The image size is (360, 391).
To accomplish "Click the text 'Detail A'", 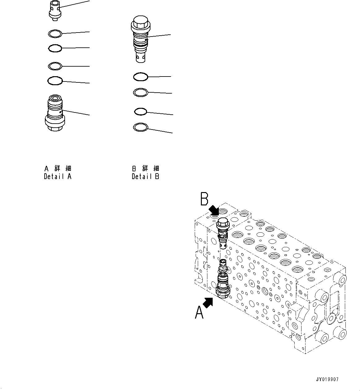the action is pyautogui.click(x=58, y=177).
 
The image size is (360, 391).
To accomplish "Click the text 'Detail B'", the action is pyautogui.click(x=145, y=177).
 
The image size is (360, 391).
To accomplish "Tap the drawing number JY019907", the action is pyautogui.click(x=327, y=380).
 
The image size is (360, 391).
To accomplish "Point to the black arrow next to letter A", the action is pyautogui.click(x=208, y=302).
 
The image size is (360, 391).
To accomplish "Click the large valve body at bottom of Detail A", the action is pyautogui.click(x=55, y=114).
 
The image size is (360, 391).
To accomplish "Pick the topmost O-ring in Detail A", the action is pyautogui.click(x=55, y=33).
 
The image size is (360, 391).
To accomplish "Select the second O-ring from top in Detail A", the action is pyautogui.click(x=55, y=48).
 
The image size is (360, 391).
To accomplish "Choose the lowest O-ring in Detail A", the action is pyautogui.click(x=55, y=81).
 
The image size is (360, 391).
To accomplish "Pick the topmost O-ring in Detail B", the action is pyautogui.click(x=141, y=77).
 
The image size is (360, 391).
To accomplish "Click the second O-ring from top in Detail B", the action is pyautogui.click(x=141, y=92).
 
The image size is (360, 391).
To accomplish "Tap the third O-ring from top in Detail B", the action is pyautogui.click(x=140, y=111).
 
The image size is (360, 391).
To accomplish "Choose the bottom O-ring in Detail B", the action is pyautogui.click(x=140, y=127).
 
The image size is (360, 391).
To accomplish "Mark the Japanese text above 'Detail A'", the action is pyautogui.click(x=58, y=169).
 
